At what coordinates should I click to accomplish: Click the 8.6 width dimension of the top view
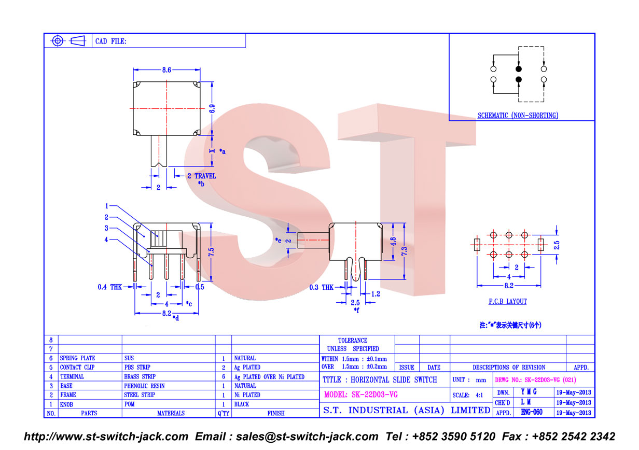166,70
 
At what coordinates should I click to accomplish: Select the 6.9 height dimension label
212,109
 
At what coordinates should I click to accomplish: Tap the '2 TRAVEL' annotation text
202,176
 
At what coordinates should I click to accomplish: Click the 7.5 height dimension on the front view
211,252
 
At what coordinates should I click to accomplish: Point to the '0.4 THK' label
110,287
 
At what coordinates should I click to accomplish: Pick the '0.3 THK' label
322,287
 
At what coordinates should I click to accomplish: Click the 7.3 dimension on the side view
404,251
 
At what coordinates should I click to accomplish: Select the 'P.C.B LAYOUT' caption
508,301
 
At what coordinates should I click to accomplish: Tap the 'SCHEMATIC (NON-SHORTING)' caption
518,116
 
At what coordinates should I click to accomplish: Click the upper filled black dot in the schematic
519,69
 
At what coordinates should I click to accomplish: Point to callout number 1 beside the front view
107,206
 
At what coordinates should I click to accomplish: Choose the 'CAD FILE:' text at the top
110,41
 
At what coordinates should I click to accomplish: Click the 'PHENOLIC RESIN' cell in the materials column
144,386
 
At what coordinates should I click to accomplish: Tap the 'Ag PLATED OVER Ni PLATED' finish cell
269,377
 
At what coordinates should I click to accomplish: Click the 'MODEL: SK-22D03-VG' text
361,395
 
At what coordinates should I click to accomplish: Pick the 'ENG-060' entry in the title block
532,412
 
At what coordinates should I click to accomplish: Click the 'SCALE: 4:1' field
467,395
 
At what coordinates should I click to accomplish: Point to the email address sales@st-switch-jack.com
307,437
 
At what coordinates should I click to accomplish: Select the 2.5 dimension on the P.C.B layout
557,245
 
